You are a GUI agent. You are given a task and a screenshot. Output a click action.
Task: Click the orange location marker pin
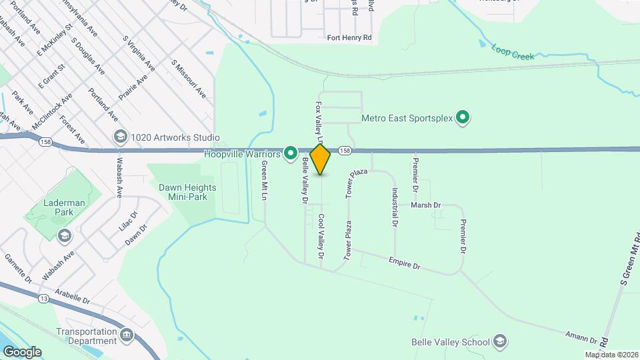(x=321, y=159)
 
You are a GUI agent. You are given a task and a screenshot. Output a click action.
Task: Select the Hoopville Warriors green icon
(x=290, y=154)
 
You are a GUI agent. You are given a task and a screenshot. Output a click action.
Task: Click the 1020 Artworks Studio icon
(x=121, y=137)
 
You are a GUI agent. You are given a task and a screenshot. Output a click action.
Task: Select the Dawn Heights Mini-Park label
(x=183, y=192)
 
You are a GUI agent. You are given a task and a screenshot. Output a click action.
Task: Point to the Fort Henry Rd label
(x=349, y=38)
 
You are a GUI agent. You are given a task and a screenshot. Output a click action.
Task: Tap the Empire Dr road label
(x=406, y=264)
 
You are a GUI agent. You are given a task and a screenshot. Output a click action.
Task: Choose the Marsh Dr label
(x=426, y=205)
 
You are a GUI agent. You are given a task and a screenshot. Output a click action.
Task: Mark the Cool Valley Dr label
(x=321, y=236)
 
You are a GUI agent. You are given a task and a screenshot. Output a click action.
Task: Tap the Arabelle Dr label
(x=73, y=297)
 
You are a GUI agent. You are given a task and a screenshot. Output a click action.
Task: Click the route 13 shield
(x=42, y=297)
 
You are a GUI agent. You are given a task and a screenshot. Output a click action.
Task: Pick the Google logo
(x=21, y=351)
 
